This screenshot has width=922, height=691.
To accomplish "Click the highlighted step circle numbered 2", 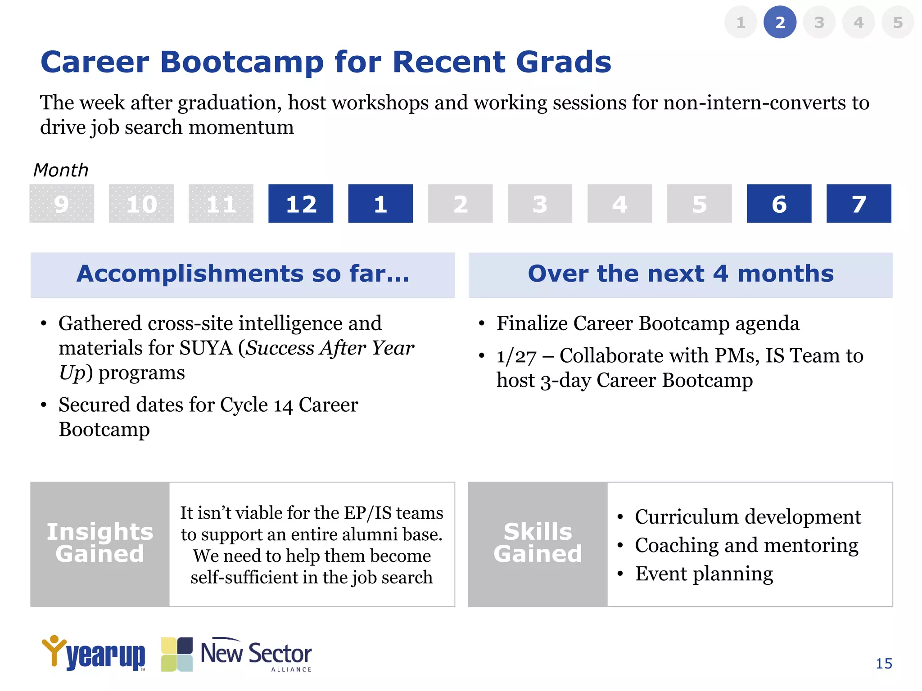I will click(x=780, y=22).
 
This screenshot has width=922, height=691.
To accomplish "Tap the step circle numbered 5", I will click(x=898, y=22).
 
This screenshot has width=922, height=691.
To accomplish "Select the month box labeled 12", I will click(x=301, y=203).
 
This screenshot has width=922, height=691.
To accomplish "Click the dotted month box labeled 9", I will click(x=62, y=203).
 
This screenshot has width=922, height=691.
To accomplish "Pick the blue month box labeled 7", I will click(x=859, y=203).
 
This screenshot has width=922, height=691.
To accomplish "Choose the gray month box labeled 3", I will click(x=540, y=203).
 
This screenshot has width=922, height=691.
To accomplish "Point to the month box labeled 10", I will click(x=141, y=203).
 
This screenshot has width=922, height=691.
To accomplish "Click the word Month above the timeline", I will click(x=61, y=171).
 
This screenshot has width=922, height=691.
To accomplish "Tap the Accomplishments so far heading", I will click(x=243, y=274).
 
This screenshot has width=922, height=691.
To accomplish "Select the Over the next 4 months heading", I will click(x=680, y=274).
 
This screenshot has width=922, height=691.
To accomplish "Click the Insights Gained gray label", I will click(x=100, y=543).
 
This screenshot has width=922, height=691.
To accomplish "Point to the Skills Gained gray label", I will click(x=538, y=543).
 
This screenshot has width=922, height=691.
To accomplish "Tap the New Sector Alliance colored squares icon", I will click(x=177, y=654).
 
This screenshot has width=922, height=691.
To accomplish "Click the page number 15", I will click(x=884, y=664).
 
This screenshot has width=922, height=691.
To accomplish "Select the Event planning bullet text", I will click(x=704, y=574).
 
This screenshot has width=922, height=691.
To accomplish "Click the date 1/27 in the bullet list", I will click(x=516, y=356).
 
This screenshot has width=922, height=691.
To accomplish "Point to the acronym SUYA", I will click(x=206, y=348).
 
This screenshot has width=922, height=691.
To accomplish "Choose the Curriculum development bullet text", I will click(x=747, y=516).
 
